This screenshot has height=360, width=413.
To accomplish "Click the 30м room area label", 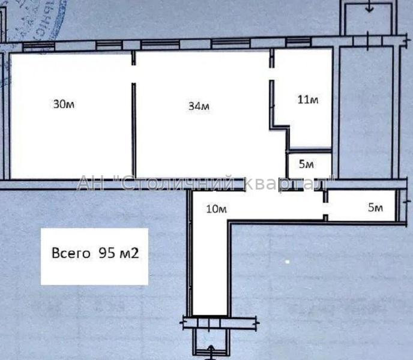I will point(64,104).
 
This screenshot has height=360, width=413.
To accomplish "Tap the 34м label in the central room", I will point(199,107).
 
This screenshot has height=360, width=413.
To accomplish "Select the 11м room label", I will point(308,100).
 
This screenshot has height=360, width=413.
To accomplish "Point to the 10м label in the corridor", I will point(216,209).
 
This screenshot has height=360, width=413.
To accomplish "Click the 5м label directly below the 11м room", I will point(307,164).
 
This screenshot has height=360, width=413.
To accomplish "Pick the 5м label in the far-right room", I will point(375,208).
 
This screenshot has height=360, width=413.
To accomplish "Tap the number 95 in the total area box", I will point(105,253).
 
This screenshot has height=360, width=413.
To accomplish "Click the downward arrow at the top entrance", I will point(369,8).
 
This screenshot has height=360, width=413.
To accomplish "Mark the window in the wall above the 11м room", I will point(298,41).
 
